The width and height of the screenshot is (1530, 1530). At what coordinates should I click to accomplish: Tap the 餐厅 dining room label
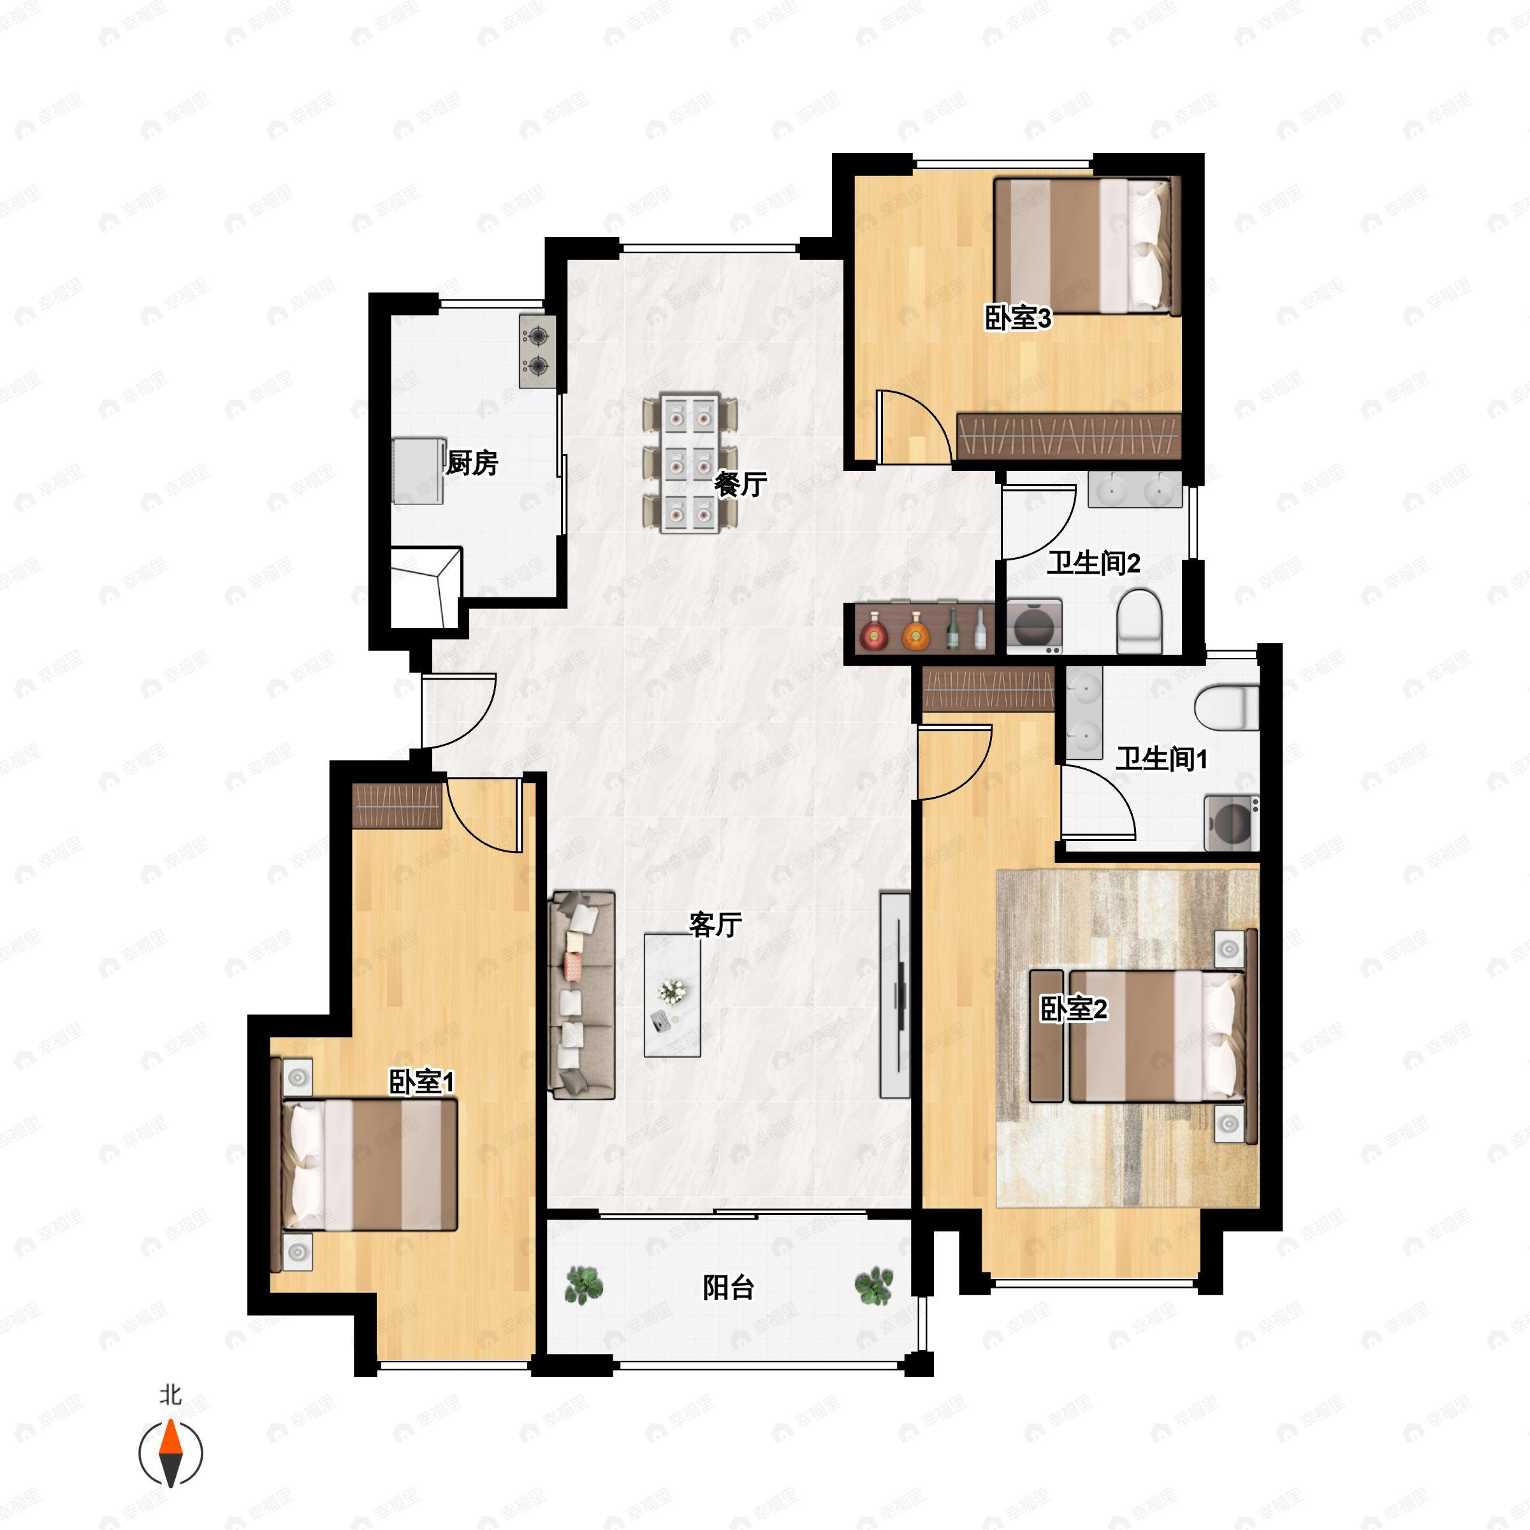pos(740,484)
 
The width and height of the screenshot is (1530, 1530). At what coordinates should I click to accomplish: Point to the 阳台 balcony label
pos(728,1288)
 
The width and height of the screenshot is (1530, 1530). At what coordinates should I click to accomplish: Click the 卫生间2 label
pos(1094,563)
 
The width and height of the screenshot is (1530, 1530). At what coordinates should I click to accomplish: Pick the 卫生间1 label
pos(1162,759)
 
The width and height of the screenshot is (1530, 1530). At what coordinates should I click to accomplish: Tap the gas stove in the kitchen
pos(537,352)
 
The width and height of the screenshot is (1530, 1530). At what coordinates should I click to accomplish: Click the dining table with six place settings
pos(690,463)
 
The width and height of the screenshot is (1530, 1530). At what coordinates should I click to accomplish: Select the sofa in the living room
pos(582,995)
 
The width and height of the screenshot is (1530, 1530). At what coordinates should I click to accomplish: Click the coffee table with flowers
pos(673,995)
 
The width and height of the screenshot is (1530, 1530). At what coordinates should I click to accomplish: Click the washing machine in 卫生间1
pos(1232,824)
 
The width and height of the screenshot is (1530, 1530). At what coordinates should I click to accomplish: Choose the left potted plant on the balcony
pos(584,1285)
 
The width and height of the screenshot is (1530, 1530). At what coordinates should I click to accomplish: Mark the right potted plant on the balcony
pos(873,1285)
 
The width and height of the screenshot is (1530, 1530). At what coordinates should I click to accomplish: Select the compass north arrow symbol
pos(171,1453)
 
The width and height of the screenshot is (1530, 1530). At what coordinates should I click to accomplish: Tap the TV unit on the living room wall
pos(896,995)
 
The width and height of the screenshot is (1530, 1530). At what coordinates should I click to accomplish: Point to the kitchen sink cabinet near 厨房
pos(418,471)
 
